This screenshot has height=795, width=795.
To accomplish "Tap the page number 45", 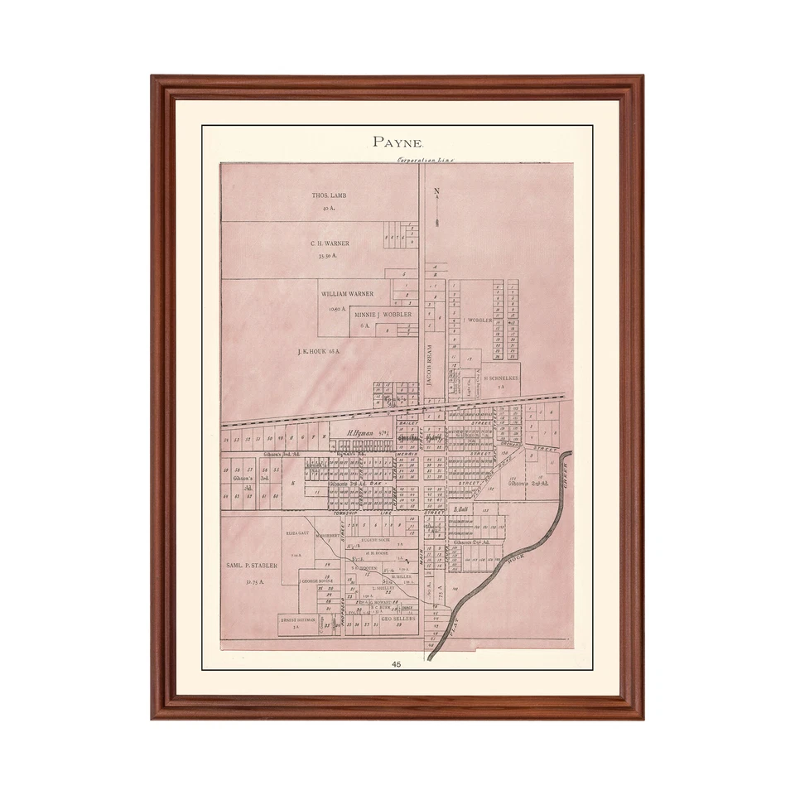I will (397, 664).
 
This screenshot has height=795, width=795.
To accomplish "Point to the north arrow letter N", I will (436, 192).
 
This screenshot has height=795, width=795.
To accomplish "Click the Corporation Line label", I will (426, 159).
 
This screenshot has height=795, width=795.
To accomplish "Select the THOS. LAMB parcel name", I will (328, 195).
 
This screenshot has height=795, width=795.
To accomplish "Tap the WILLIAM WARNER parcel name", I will (347, 294).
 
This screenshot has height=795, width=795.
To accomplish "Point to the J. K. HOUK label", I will (319, 351).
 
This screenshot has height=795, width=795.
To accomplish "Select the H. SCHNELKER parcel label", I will (500, 377).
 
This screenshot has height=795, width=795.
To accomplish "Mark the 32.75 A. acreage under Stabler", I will (255, 582).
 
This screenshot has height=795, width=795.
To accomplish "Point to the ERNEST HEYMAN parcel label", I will (296, 619).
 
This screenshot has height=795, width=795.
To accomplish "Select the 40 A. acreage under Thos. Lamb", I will (328, 209).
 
